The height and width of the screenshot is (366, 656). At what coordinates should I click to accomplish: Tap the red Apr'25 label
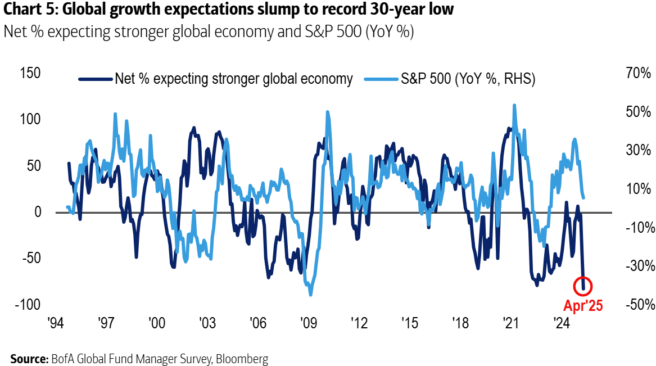[583, 306]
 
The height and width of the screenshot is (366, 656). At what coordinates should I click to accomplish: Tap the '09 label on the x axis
[308, 324]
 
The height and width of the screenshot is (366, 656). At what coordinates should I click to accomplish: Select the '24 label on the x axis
[560, 324]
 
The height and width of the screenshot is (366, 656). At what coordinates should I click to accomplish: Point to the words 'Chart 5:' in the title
[27, 11]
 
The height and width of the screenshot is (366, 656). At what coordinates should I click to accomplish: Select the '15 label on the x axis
[409, 324]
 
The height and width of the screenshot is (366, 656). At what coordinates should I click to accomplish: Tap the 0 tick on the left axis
[38, 212]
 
